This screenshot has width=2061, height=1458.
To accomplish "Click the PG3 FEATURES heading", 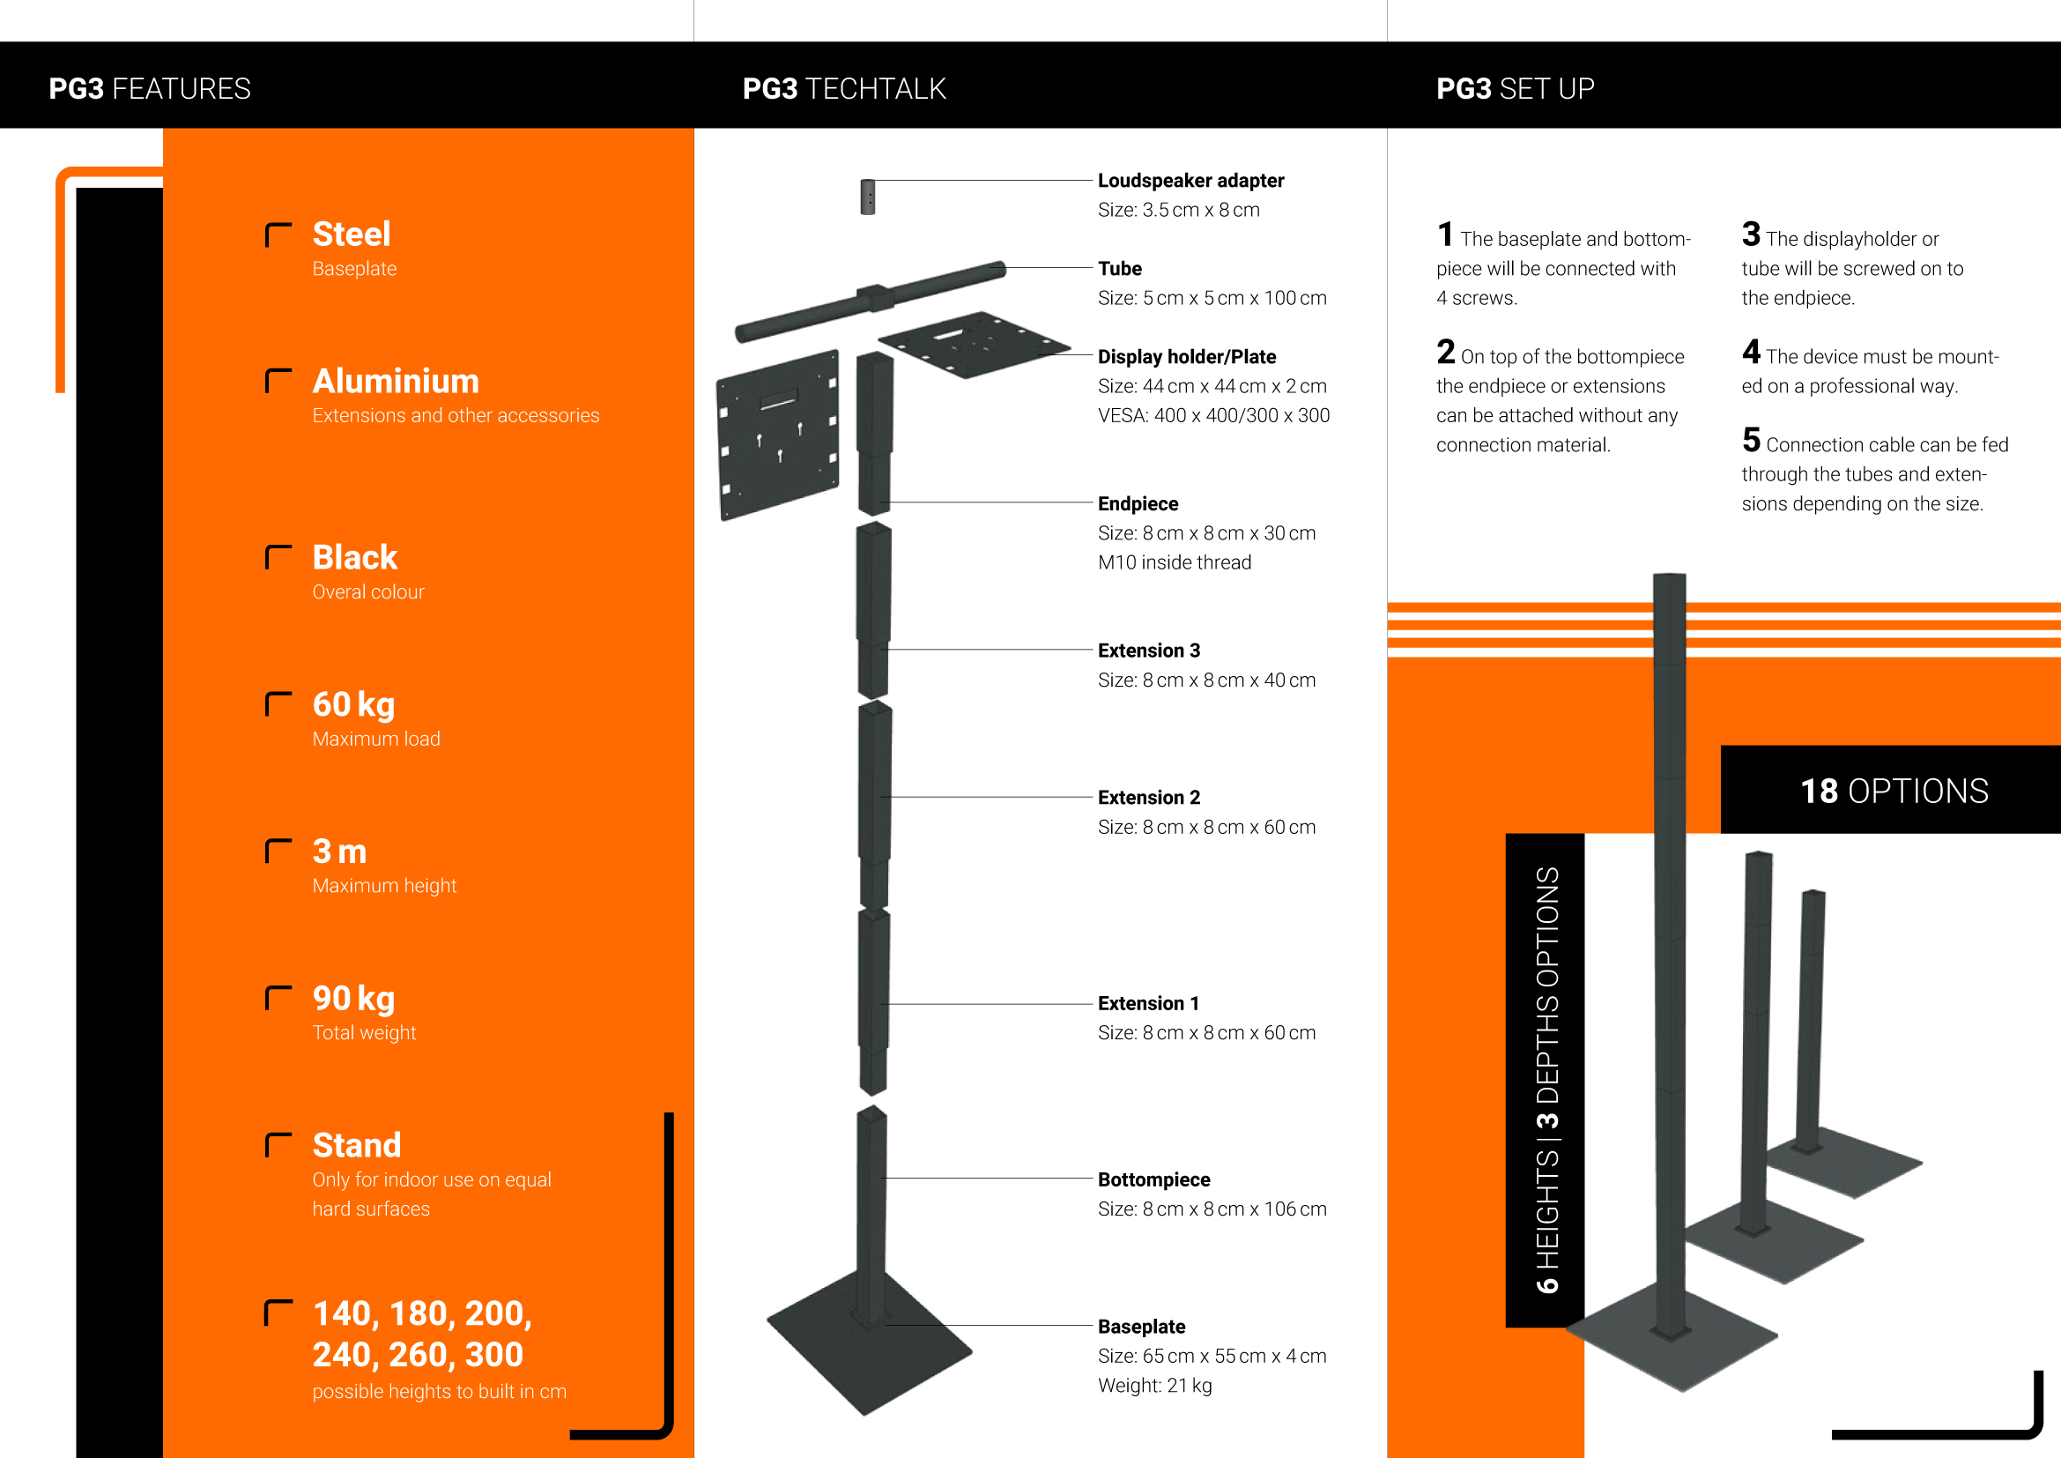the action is click(150, 89).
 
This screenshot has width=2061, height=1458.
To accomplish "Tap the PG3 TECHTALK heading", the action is click(844, 89).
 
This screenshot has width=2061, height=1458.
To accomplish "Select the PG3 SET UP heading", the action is click(1516, 89).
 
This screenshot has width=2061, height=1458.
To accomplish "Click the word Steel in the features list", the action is click(351, 234).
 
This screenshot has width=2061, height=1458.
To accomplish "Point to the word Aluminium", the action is click(396, 382).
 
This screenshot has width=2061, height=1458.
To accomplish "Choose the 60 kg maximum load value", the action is click(353, 705).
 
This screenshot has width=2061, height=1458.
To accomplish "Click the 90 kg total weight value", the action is click(353, 999).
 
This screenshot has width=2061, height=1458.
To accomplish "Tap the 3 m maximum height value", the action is click(339, 852).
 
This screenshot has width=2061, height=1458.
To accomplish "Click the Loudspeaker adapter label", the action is click(1190, 181).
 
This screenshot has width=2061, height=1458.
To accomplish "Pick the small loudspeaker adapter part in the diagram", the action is click(867, 197).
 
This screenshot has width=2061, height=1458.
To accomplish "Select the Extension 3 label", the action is click(1149, 651).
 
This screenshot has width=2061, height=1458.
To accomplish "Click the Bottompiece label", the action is click(1153, 1179).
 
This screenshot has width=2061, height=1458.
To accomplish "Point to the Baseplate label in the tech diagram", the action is click(1141, 1327).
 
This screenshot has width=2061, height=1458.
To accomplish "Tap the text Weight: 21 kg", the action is click(1154, 1386).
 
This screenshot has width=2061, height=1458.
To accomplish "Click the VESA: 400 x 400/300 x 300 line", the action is click(1213, 416).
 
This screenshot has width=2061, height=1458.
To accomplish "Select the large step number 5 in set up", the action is click(1751, 440).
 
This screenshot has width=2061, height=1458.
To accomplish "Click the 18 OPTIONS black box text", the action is click(1894, 791).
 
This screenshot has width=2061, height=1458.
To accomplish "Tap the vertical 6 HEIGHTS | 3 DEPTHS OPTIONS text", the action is click(1546, 1080).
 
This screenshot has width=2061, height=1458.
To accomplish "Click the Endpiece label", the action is click(1138, 503).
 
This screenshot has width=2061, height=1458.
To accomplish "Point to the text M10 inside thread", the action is click(1174, 562).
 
